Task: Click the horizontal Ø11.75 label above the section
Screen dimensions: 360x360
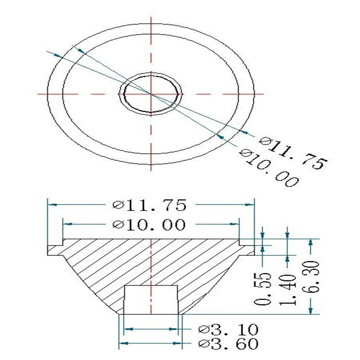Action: pos(149,205)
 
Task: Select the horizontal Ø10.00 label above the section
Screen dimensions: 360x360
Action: pos(149,224)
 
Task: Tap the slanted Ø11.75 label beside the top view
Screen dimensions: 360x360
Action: pos(293,153)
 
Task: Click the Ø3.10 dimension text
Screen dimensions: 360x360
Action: pos(228,329)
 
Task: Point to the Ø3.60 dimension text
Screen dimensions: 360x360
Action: pos(228,344)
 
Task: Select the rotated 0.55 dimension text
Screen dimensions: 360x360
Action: pos(263,289)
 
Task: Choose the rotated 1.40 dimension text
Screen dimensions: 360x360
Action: pos(288,289)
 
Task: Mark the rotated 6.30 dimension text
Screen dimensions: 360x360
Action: pos(311,277)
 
